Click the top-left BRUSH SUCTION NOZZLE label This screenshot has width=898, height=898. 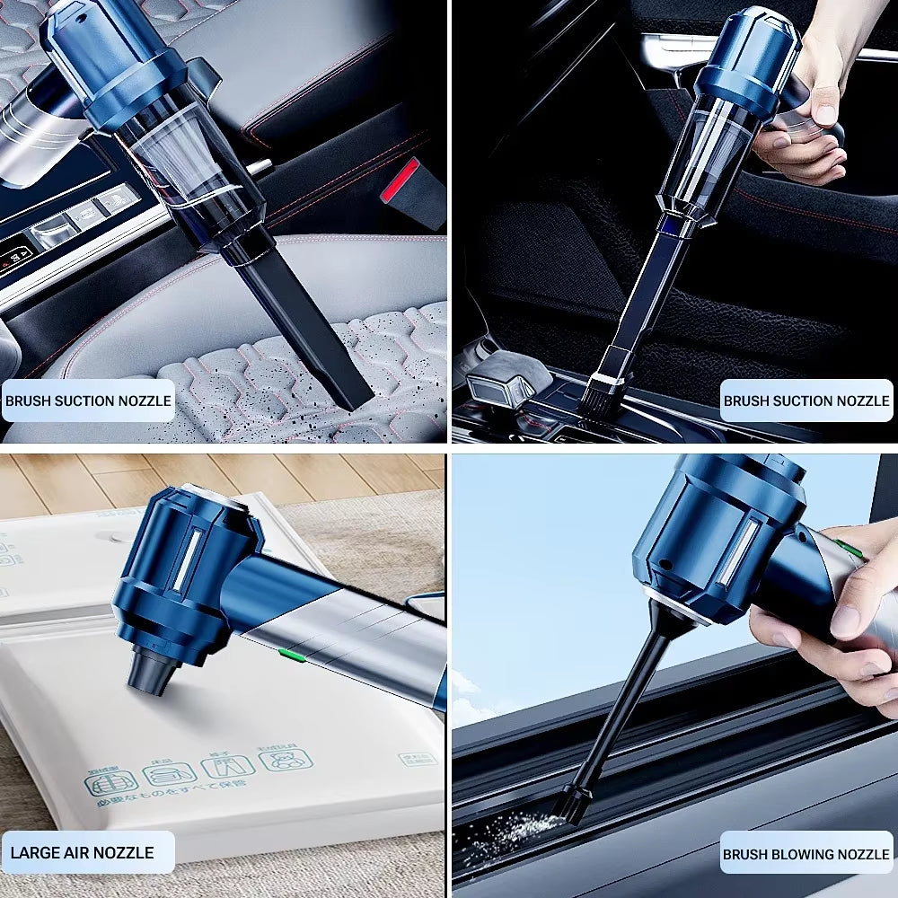(87, 401)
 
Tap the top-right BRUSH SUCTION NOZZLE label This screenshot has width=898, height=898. (806, 401)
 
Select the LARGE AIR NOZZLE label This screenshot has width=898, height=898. (83, 853)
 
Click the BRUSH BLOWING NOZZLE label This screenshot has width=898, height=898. (806, 854)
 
